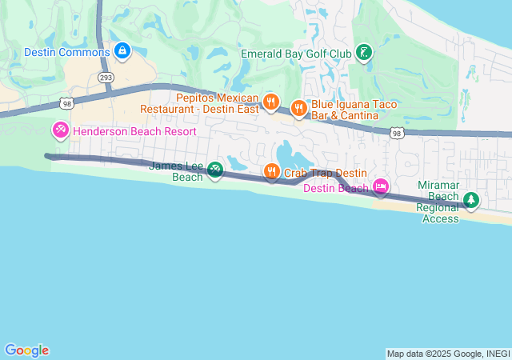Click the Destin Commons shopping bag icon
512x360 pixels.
coord(122,52)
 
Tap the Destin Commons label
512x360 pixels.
coord(67,52)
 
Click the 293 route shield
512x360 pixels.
coord(106,78)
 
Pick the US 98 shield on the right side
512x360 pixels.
coord(397,134)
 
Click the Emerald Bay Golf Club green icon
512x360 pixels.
coord(364,54)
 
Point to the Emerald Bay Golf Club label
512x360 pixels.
coord(296,54)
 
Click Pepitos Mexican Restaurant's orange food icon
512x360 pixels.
coord(271,102)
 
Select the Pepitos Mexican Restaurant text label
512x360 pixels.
coord(200,102)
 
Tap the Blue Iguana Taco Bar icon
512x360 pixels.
coord(299,108)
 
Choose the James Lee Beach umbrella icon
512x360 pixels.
coord(214,170)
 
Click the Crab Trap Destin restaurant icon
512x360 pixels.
coord(272,171)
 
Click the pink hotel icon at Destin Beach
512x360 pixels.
coord(381,188)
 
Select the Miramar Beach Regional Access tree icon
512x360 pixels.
coord(471,199)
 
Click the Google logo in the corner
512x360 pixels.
coord(26,350)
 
